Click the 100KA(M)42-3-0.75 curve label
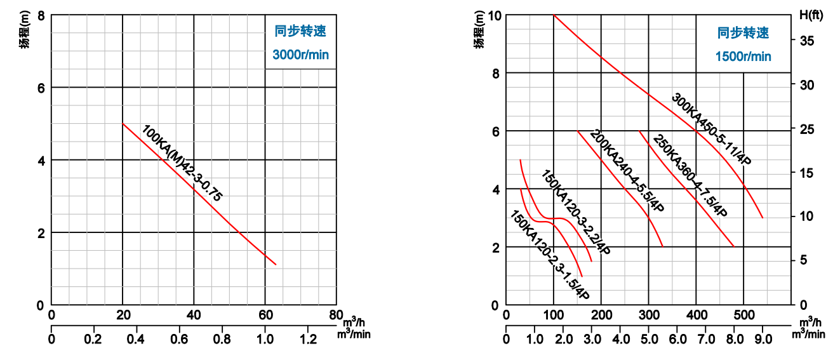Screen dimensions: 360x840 tap(182, 164)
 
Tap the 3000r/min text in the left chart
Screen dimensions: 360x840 tap(300, 55)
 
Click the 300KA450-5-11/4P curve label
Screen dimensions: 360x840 tap(711, 130)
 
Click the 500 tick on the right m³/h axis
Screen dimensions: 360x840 tap(743, 314)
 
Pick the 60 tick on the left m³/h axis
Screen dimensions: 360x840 tap(265, 314)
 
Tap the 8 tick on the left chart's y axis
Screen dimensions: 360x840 tap(41, 15)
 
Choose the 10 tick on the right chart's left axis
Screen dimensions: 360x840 tap(495, 15)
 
